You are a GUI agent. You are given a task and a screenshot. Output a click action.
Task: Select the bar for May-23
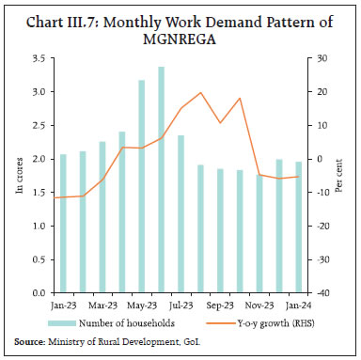pos(142,187)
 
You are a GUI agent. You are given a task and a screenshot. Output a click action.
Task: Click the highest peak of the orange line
pos(201,93)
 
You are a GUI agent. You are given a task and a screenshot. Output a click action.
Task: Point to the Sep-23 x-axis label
pos(221,305)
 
